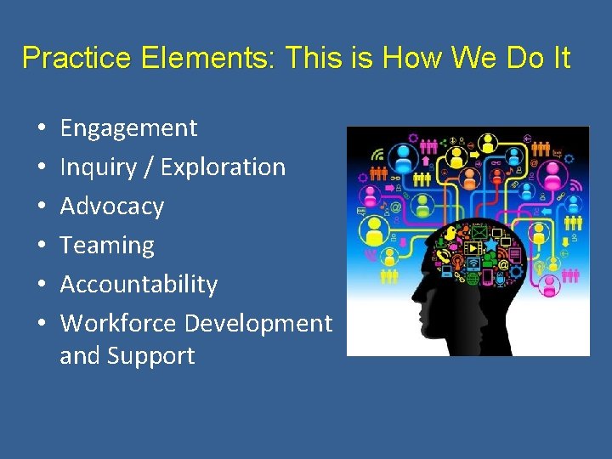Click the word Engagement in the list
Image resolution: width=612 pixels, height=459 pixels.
coord(128,128)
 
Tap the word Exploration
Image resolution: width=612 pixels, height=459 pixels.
coord(223,167)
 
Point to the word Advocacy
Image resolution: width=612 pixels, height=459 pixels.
coord(111,207)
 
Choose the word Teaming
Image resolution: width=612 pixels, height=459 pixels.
coord(107,246)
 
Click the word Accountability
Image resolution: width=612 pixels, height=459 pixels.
coord(139,284)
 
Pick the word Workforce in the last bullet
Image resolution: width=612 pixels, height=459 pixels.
coord(118,323)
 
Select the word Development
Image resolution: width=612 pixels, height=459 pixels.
coord(258,323)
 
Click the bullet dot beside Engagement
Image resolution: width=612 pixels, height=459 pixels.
coord(42,129)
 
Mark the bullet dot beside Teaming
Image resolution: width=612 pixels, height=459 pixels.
coord(42,246)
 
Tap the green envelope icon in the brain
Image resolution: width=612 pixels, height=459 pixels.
coord(479,230)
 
